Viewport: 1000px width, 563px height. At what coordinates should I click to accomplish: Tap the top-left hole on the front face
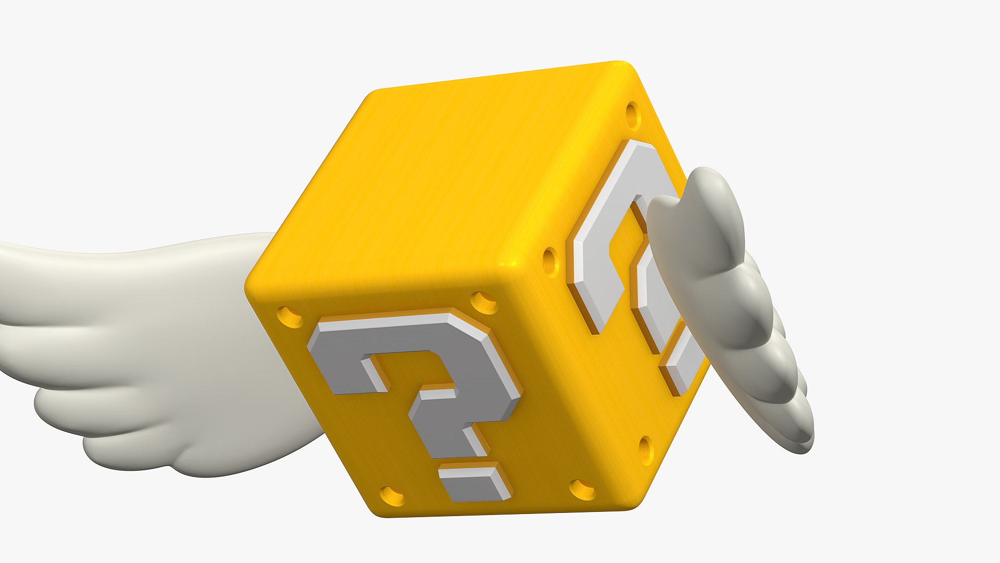click(290, 316)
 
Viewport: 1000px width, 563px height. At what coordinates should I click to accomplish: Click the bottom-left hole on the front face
click(392, 496)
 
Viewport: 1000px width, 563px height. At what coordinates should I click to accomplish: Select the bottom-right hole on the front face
click(582, 489)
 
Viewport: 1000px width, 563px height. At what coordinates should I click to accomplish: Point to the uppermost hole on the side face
click(632, 115)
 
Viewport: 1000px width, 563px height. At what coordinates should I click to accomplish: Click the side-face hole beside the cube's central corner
click(550, 261)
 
